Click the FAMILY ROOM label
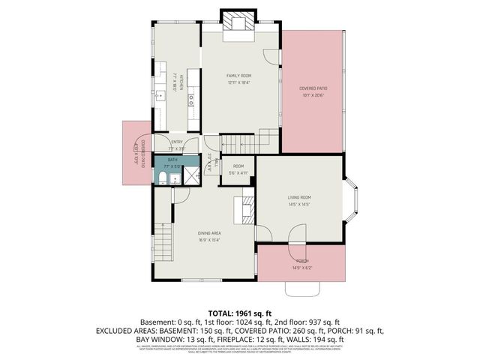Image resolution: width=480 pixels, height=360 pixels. (x=239, y=76)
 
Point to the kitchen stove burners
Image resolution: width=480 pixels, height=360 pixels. (x=191, y=97)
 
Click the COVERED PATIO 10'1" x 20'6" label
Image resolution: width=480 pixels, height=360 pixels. (x=313, y=91)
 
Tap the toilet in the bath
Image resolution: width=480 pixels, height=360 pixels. (x=163, y=178)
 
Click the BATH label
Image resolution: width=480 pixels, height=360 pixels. (x=173, y=160)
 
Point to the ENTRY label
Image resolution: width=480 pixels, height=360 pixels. (x=177, y=142)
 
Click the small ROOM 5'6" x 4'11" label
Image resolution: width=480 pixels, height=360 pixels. (x=238, y=169)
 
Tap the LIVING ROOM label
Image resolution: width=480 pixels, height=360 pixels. (x=299, y=200)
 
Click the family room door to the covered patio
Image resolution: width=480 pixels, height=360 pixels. (x=274, y=56)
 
